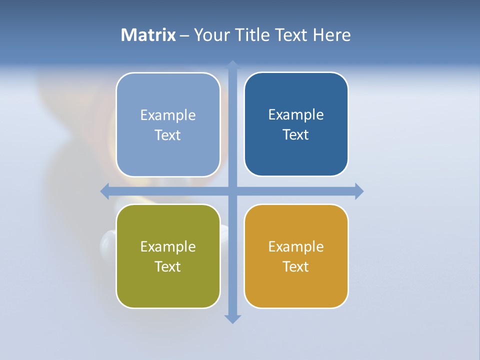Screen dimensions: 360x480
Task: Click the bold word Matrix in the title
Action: pos(148,35)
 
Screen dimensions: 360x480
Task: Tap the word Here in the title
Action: pos(331,35)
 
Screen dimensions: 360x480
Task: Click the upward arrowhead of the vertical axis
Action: pos(232,64)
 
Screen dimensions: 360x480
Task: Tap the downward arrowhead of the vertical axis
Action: pos(232,319)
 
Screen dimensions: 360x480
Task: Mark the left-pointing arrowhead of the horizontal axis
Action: pos(104,190)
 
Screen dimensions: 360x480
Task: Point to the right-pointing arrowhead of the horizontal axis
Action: pos(359,191)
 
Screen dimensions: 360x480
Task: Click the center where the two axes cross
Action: pos(232,190)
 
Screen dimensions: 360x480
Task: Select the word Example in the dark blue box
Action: pos(296,114)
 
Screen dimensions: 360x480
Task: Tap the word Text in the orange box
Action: pos(296,266)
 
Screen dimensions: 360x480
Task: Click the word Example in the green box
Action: pos(168,246)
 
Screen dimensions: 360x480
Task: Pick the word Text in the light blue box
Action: pos(168,135)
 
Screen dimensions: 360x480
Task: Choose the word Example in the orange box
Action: pos(296,246)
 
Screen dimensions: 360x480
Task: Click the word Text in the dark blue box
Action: pos(296,134)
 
